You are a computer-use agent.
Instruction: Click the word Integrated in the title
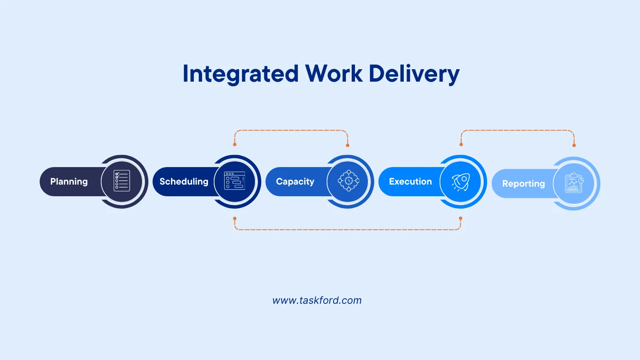[x=240, y=74]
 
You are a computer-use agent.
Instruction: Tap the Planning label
[x=69, y=182]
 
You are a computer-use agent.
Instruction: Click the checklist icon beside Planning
[x=122, y=181]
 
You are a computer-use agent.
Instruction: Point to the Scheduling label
[x=184, y=182]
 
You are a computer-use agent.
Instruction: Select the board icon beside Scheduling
[x=235, y=181]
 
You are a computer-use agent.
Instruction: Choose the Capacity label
[x=295, y=182]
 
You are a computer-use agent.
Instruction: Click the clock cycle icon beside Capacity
[x=348, y=181]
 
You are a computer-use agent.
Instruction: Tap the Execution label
[x=410, y=182]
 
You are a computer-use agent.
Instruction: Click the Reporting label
[x=523, y=184]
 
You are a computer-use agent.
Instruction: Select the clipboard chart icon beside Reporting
[x=574, y=183]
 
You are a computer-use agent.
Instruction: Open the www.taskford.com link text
[x=317, y=300]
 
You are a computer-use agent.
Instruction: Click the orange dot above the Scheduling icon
[x=235, y=145]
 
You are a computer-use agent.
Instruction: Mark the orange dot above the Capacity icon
[x=347, y=145]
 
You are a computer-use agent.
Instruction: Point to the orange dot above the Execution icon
[x=461, y=145]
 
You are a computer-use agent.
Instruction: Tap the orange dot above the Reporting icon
[x=574, y=145]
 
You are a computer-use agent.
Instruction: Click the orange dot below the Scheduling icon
[x=235, y=218]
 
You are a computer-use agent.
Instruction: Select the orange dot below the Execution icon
[x=460, y=218]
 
